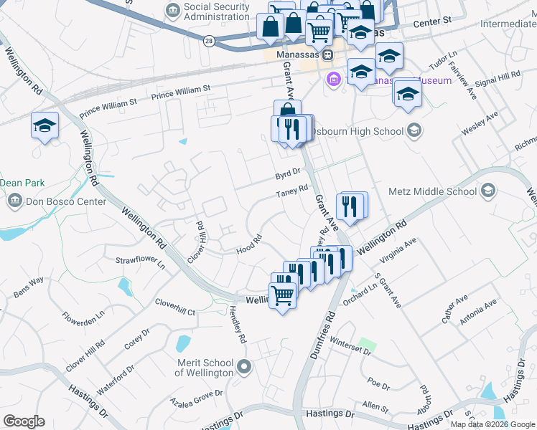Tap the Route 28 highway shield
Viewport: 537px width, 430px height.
pyautogui.click(x=208, y=41)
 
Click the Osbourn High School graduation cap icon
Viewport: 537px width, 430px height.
pyautogui.click(x=414, y=130)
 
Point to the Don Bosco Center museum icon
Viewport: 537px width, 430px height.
pyautogui.click(x=14, y=202)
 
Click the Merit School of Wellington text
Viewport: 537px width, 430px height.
pyautogui.click(x=205, y=368)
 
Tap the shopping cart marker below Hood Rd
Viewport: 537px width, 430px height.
pyautogui.click(x=283, y=294)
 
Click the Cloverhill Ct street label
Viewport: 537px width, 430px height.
pyautogui.click(x=175, y=307)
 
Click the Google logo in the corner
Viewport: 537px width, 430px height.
pyautogui.click(x=24, y=421)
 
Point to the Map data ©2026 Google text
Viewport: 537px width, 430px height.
pyautogui.click(x=492, y=424)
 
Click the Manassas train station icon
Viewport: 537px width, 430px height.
pyautogui.click(x=327, y=54)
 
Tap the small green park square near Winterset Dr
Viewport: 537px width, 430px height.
pyautogui.click(x=368, y=345)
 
